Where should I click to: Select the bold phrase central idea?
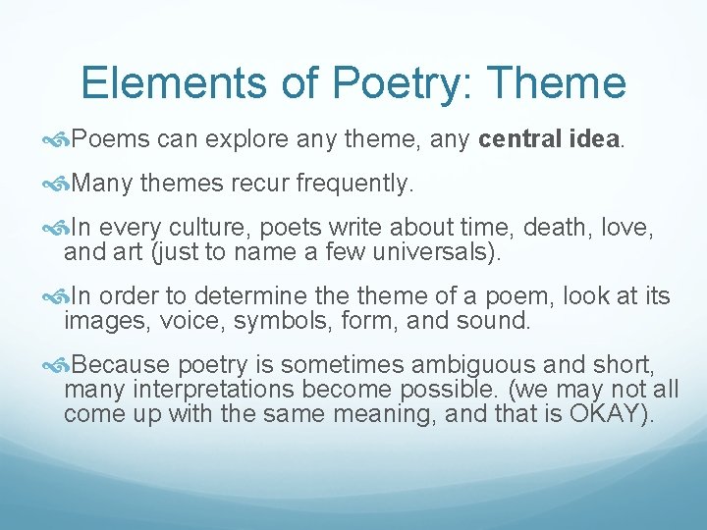pyautogui.click(x=549, y=140)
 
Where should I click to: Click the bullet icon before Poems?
pyautogui.click(x=57, y=140)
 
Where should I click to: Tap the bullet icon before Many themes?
pyautogui.click(x=57, y=183)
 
